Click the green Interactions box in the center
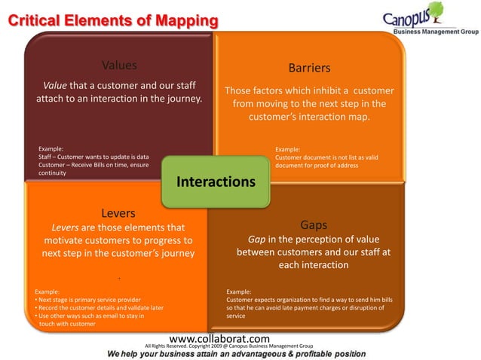[216, 182]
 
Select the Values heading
[119, 65]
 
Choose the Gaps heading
[313, 224]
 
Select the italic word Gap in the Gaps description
[259, 239]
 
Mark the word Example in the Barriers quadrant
[288, 149]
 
